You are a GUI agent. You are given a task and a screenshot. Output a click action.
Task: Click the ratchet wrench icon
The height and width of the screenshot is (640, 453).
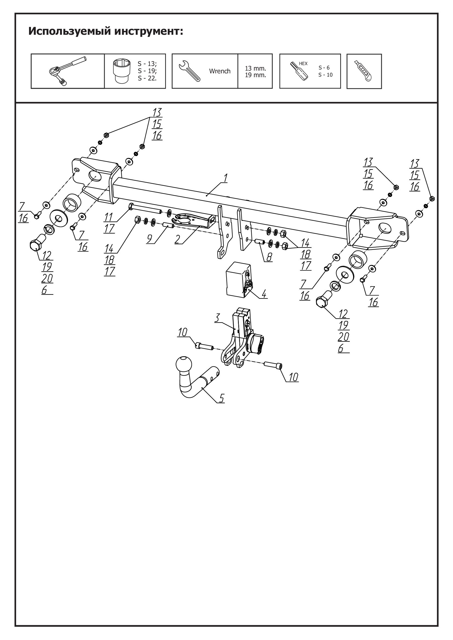click(67, 71)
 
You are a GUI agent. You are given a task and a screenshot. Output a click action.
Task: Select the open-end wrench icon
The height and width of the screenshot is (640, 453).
click(189, 71)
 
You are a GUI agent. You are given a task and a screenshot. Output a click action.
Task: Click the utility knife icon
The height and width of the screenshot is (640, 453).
click(364, 71)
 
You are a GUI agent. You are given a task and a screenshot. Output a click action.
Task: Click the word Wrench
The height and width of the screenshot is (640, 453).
click(220, 71)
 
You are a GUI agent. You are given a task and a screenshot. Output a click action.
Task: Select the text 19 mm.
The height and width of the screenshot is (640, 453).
click(255, 75)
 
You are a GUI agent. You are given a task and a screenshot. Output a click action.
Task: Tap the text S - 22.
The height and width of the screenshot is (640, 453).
click(147, 78)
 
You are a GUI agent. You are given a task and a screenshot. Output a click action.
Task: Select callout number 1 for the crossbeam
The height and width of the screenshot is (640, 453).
click(225, 178)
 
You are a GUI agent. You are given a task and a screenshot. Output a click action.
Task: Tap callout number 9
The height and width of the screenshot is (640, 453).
click(150, 239)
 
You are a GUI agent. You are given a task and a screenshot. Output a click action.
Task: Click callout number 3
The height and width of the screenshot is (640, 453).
click(217, 318)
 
